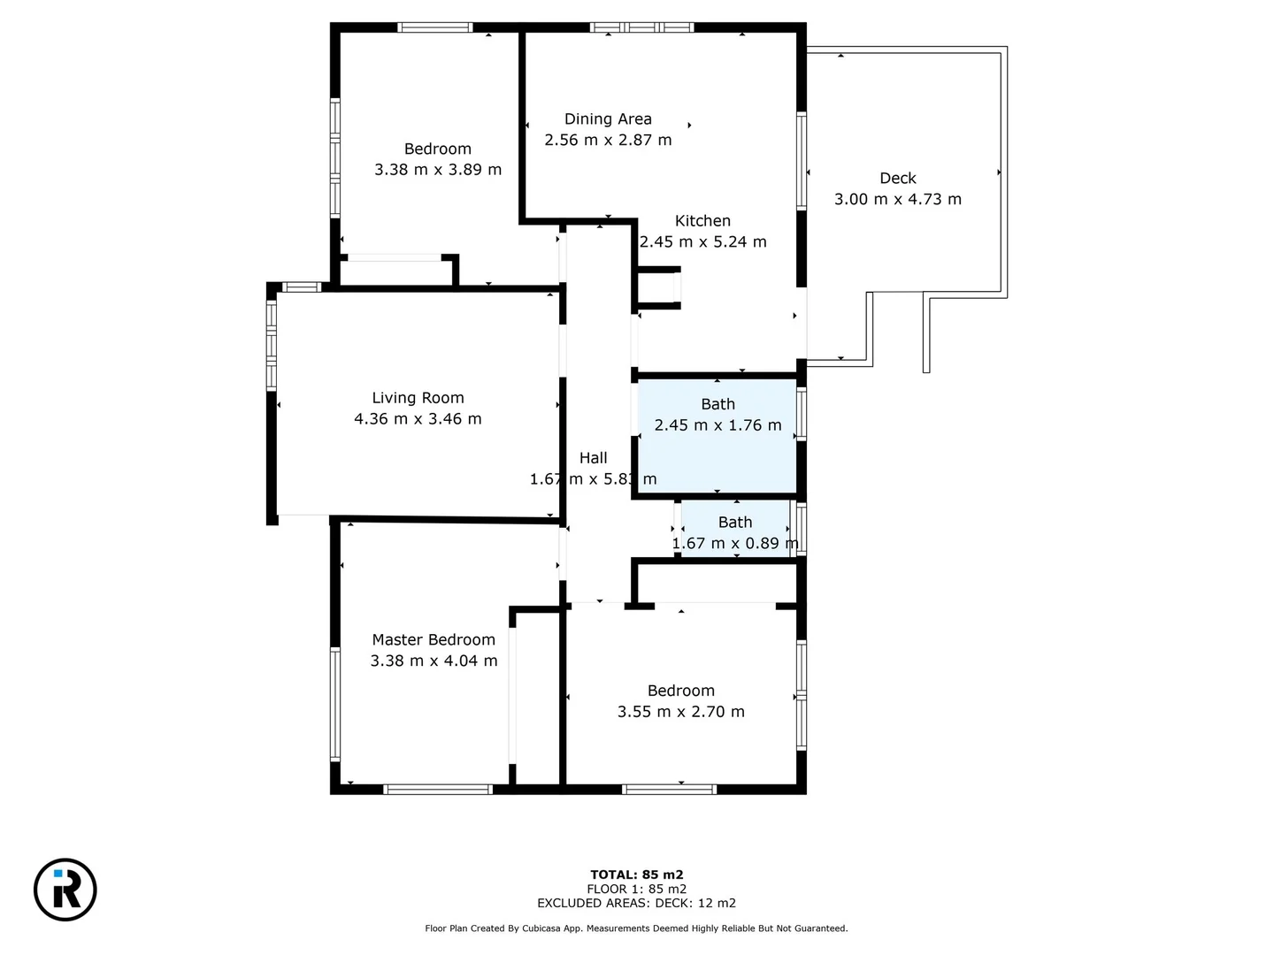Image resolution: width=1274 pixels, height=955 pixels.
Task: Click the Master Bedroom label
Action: click(x=434, y=639)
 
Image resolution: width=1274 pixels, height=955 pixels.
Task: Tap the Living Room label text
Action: click(x=418, y=398)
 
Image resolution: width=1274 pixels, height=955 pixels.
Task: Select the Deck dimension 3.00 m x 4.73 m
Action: click(x=897, y=199)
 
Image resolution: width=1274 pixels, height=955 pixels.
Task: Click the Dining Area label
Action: click(x=608, y=118)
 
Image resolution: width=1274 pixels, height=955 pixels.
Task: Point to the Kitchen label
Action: click(x=702, y=221)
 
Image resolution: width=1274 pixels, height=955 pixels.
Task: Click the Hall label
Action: click(x=593, y=458)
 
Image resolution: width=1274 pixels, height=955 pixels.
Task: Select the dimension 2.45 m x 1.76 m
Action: click(x=718, y=425)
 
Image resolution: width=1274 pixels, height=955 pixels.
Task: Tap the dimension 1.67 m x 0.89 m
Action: click(x=734, y=543)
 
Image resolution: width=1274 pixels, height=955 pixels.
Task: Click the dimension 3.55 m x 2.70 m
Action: click(x=680, y=712)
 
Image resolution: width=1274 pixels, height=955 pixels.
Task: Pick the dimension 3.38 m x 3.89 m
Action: click(x=437, y=170)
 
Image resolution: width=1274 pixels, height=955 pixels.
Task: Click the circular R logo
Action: click(x=65, y=889)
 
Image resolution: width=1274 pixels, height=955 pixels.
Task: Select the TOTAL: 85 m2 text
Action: click(x=636, y=875)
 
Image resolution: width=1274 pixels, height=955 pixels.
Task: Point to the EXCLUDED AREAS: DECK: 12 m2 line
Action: click(x=636, y=903)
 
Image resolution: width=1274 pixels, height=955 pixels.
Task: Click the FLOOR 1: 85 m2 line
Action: click(x=636, y=889)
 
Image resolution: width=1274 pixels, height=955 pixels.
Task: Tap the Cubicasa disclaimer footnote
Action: click(x=636, y=928)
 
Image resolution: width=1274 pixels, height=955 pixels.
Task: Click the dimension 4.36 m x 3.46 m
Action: click(x=418, y=419)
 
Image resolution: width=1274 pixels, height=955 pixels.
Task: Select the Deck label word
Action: click(x=897, y=179)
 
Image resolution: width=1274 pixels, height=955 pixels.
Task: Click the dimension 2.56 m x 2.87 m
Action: click(x=608, y=140)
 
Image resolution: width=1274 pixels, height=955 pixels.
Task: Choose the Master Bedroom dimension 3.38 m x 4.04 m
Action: click(x=434, y=661)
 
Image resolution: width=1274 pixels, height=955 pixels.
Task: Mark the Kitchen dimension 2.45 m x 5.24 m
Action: click(x=702, y=242)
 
